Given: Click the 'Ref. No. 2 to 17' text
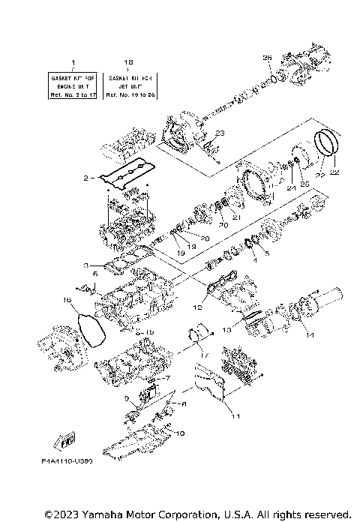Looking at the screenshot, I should click(73, 94).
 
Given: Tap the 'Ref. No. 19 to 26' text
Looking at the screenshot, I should click(129, 94).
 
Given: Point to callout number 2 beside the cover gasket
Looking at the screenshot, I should click(86, 178).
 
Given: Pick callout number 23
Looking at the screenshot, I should click(218, 133).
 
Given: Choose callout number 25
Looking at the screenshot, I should click(303, 183).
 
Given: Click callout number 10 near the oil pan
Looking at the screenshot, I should click(179, 433).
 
